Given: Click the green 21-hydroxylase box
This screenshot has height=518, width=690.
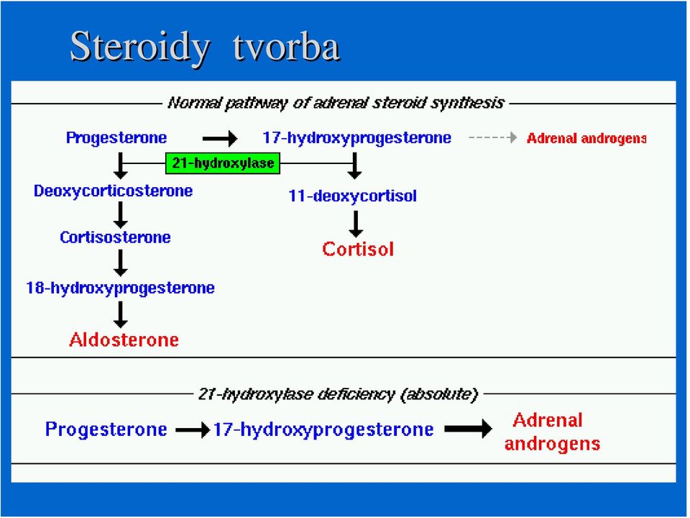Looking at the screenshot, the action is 223,163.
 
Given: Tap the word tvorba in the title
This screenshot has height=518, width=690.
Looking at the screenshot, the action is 286,46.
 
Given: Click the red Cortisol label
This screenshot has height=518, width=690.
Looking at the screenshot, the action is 358,250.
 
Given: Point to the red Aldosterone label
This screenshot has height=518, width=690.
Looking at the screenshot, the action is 124,340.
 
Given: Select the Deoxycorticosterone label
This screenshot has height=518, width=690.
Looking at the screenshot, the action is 113,191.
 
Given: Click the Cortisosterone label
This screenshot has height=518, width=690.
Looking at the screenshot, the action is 115,237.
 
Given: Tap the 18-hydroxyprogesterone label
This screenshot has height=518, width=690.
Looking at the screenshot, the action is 121,288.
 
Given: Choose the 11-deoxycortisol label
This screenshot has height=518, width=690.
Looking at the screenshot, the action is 352,196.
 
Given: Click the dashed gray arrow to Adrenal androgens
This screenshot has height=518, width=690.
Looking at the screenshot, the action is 493,137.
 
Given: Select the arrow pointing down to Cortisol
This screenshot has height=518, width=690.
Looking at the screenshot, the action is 356,224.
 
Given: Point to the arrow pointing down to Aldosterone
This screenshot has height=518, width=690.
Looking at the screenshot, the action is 120,314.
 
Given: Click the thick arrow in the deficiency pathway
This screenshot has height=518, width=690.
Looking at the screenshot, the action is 468,429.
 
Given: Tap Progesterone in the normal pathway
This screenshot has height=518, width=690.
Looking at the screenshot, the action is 116,138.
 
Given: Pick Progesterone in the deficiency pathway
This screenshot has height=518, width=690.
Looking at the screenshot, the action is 106,430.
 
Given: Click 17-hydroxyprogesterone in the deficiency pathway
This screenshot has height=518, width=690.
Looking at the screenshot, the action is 323,430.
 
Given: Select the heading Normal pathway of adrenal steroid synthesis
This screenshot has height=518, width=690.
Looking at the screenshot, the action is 336,103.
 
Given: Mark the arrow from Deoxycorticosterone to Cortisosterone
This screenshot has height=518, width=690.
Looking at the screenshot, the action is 120,215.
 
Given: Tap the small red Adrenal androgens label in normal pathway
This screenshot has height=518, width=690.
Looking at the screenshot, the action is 586,139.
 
